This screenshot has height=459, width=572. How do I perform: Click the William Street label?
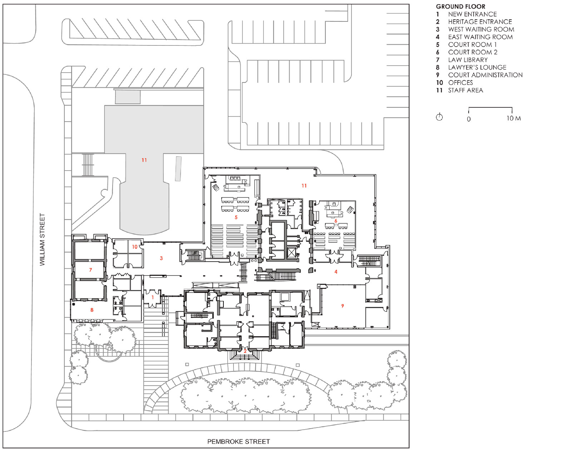tap(42, 239)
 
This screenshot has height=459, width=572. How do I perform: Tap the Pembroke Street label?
tap(238, 442)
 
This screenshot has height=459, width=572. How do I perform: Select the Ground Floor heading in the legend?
tap(460, 6)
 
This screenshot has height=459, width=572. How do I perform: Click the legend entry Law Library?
tap(468, 60)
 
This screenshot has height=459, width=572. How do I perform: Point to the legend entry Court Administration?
tap(485, 75)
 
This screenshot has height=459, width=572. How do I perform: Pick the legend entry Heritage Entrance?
tap(480, 22)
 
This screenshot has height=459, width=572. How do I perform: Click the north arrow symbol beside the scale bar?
tap(439, 117)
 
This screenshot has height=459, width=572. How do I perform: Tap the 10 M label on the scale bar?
tap(513, 118)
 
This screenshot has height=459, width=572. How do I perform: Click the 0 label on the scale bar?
tap(469, 119)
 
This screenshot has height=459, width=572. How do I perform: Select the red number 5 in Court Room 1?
tap(236, 218)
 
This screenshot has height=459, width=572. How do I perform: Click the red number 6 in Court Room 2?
tap(336, 221)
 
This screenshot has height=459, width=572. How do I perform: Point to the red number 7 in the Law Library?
tap(91, 270)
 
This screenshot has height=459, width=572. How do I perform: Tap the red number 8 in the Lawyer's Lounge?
tap(92, 310)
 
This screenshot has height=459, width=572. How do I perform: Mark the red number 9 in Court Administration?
tap(342, 306)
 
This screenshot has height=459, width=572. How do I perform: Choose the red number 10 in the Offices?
tap(135, 247)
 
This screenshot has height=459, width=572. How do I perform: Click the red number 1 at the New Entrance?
tap(153, 297)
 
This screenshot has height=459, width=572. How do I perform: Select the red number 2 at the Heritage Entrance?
tap(245, 351)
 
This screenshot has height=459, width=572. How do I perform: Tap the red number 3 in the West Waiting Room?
tap(161, 258)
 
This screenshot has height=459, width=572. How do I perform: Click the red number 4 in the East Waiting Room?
tap(336, 272)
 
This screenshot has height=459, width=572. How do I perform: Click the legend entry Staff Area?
tap(465, 91)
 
